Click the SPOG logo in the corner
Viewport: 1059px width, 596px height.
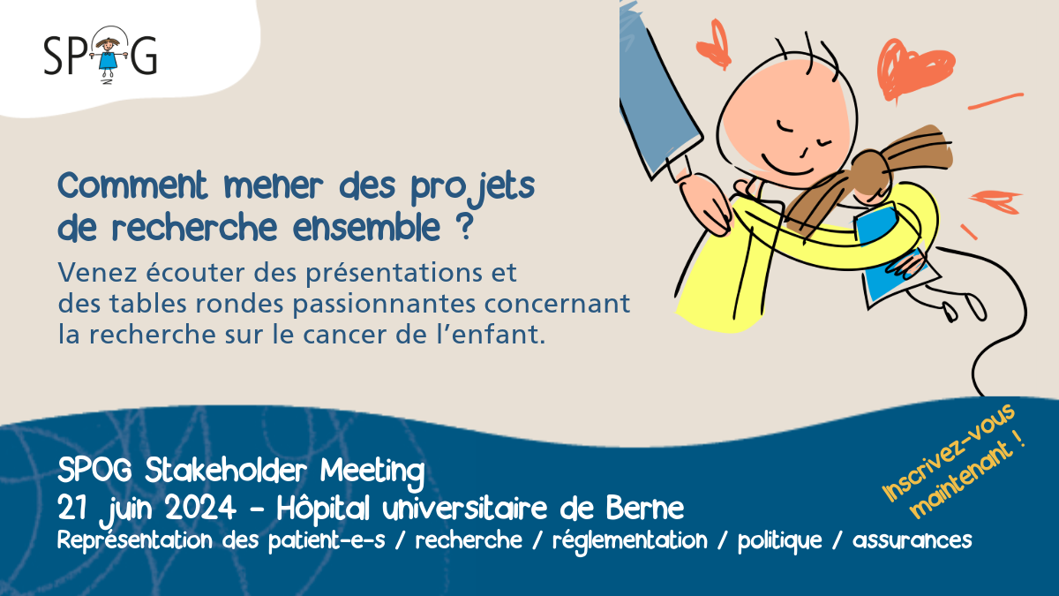click(101, 55)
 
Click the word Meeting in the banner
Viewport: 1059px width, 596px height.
click(372, 472)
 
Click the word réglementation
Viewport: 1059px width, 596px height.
click(629, 539)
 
